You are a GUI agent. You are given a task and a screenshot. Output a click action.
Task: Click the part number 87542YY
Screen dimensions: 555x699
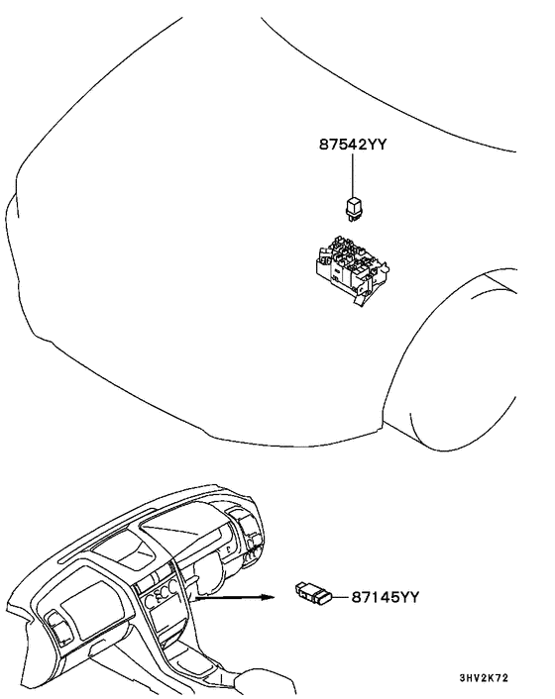[352, 145]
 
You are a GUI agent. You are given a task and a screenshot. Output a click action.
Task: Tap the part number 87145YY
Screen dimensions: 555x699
[386, 596]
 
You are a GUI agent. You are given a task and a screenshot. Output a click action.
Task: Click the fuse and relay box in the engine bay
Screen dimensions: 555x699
[353, 267]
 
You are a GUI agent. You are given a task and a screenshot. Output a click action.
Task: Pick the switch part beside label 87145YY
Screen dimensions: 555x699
[314, 592]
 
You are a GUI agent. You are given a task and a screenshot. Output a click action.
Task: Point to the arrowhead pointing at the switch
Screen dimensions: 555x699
[267, 597]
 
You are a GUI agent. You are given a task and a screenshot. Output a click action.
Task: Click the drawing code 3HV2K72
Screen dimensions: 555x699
[484, 678]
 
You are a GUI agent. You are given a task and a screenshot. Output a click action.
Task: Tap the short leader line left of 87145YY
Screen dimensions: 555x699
[341, 596]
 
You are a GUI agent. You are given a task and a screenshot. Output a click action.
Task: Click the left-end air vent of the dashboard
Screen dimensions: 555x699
[58, 629]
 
